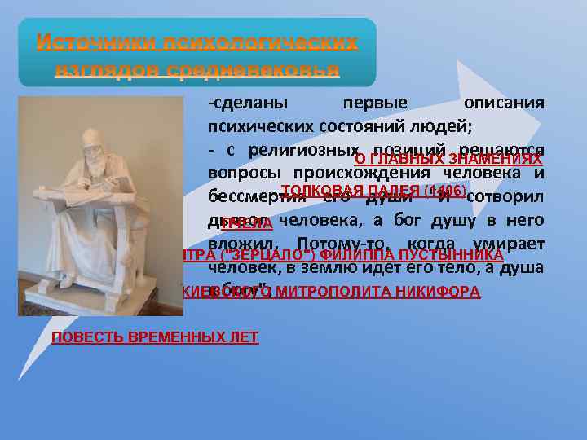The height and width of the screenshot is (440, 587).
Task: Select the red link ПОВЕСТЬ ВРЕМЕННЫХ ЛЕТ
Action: [x=155, y=337]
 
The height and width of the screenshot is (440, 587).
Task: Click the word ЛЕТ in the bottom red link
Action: [x=243, y=337]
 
